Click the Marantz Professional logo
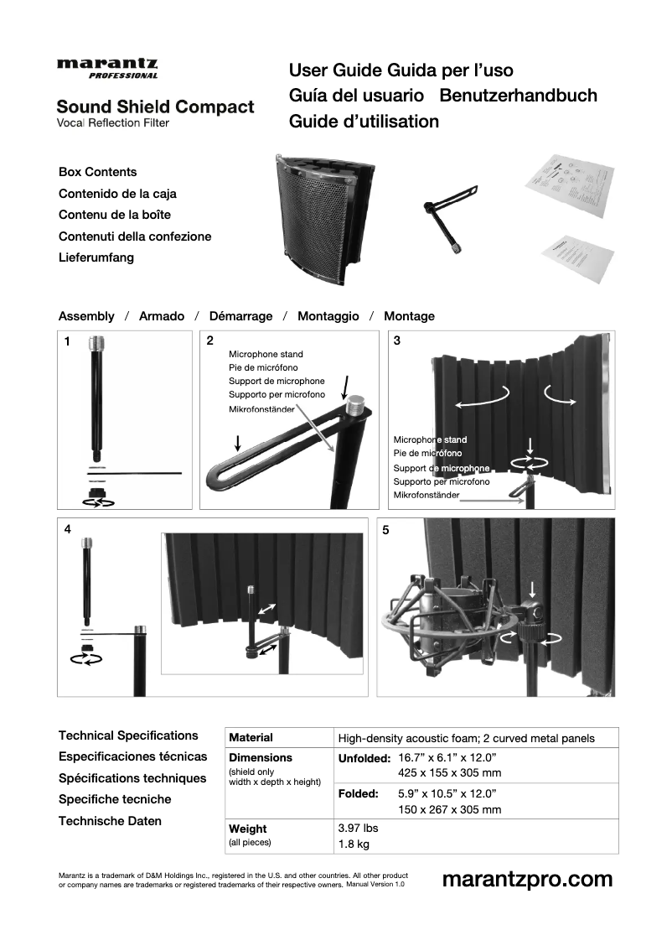(x=107, y=68)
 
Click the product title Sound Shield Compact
(x=155, y=107)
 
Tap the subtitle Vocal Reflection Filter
(x=113, y=123)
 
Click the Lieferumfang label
(x=96, y=257)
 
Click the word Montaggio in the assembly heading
(x=328, y=316)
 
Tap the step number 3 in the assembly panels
(x=397, y=340)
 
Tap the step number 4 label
(x=67, y=530)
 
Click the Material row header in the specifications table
(x=251, y=738)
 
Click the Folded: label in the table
(x=358, y=792)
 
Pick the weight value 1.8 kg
(x=353, y=844)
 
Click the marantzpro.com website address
(x=527, y=879)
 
